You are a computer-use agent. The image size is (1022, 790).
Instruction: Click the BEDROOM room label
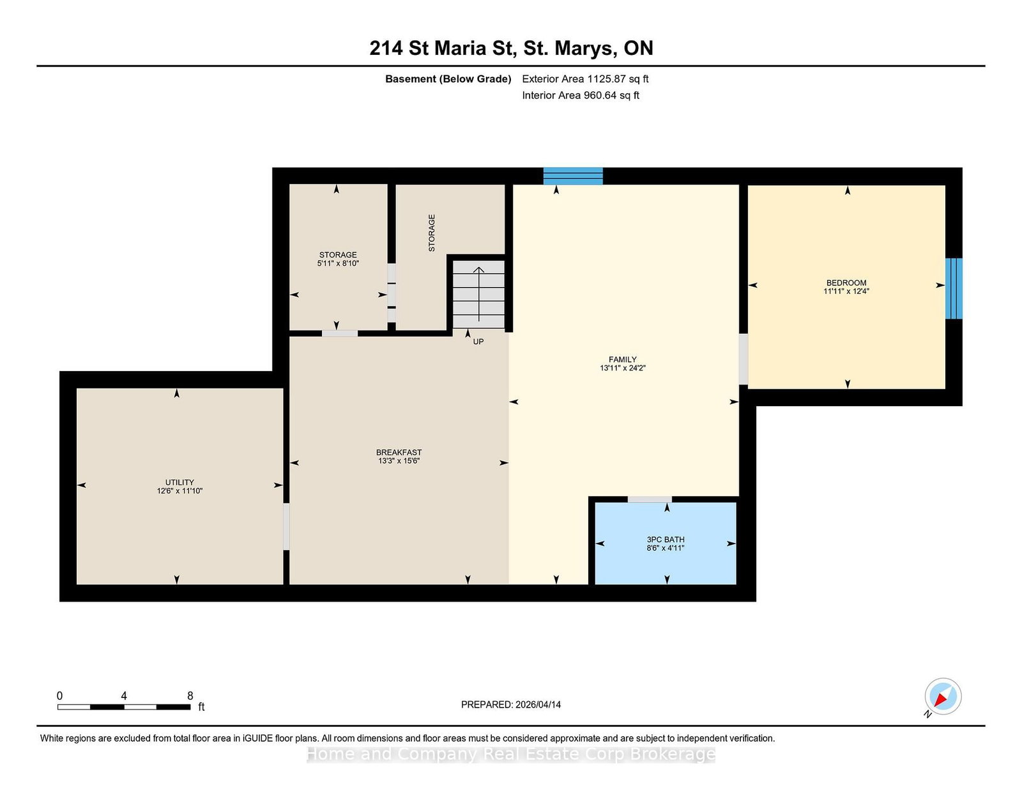pyautogui.click(x=846, y=283)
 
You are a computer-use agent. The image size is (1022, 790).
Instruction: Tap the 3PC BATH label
pyautogui.click(x=666, y=540)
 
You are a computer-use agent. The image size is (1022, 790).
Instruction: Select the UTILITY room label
pyautogui.click(x=179, y=482)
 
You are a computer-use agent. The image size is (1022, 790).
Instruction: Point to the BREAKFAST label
pyautogui.click(x=399, y=452)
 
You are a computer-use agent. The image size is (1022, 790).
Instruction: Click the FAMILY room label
pyautogui.click(x=622, y=360)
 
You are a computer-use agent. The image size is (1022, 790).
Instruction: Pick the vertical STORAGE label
pyautogui.click(x=431, y=232)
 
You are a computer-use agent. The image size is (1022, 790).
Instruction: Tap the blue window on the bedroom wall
pyautogui.click(x=954, y=289)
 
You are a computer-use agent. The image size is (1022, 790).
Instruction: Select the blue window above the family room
pyautogui.click(x=573, y=176)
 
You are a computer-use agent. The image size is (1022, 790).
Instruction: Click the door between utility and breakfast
pyautogui.click(x=286, y=527)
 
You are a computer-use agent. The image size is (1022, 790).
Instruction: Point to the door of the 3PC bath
pyautogui.click(x=650, y=499)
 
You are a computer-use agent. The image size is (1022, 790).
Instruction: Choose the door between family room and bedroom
pyautogui.click(x=743, y=360)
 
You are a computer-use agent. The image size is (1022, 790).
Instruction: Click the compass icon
pyautogui.click(x=943, y=696)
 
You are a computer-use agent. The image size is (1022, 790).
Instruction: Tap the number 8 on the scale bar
pyautogui.click(x=190, y=696)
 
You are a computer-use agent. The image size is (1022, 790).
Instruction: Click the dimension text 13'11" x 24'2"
pyautogui.click(x=623, y=368)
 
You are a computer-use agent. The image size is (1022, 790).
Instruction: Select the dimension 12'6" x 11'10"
pyautogui.click(x=179, y=491)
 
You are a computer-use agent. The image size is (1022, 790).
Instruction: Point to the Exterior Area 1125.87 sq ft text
pyautogui.click(x=585, y=79)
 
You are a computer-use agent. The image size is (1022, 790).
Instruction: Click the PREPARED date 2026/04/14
pyautogui.click(x=538, y=704)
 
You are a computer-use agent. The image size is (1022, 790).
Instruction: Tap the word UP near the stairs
pyautogui.click(x=478, y=342)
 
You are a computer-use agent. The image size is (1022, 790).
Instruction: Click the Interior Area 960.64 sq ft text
pyautogui.click(x=581, y=95)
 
